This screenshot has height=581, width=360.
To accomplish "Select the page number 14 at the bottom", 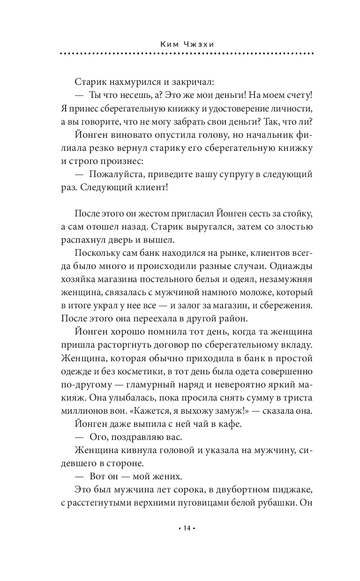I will [187, 529].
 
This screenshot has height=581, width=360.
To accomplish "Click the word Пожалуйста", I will [113, 175].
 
